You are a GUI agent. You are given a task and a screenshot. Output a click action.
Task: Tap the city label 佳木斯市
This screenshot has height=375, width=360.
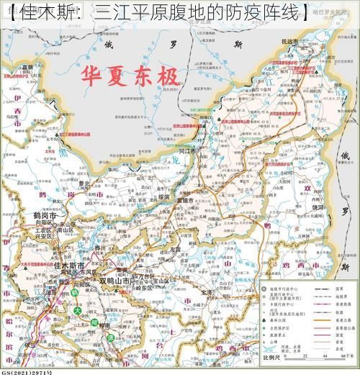69,266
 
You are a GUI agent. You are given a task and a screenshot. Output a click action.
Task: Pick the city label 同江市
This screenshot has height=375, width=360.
186,152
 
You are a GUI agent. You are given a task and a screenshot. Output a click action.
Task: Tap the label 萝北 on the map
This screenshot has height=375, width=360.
85,184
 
